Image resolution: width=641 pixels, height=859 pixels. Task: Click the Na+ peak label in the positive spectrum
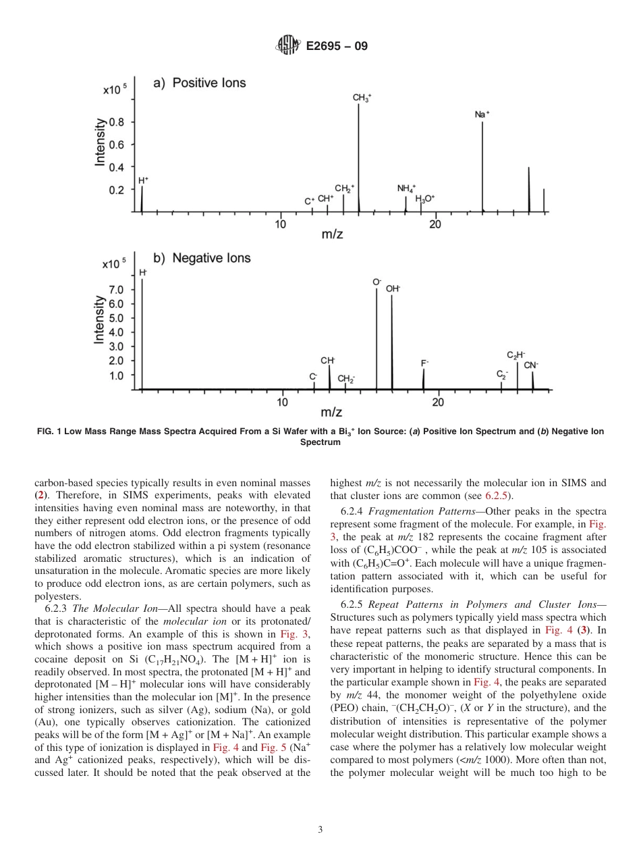tap(482, 115)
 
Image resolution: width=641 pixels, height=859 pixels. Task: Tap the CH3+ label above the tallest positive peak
tap(362, 98)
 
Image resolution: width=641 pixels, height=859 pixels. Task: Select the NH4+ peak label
tap(407, 188)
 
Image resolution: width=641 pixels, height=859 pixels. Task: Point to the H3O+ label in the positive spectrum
tap(425, 199)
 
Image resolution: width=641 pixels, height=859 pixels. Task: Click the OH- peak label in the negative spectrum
tap(393, 288)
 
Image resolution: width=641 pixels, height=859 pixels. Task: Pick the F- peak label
tap(424, 363)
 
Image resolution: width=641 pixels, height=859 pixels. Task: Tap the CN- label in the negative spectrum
tap(531, 365)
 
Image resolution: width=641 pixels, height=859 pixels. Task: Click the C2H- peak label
tap(516, 355)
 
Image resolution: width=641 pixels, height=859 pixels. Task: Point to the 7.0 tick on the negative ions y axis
tap(116, 290)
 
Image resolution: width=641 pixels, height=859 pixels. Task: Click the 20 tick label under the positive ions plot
tap(435, 224)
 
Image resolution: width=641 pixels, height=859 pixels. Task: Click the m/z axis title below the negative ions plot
tap(331, 412)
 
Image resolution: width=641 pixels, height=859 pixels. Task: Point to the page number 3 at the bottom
tap(320, 829)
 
